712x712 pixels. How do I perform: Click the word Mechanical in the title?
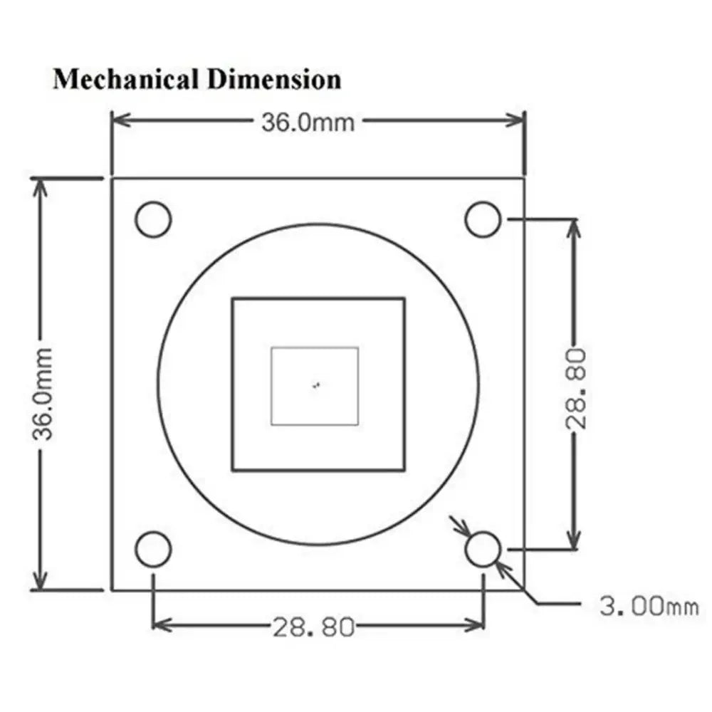pyautogui.click(x=126, y=80)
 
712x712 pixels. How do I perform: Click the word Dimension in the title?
pyautogui.click(x=274, y=80)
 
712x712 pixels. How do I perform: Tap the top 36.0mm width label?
pyautogui.click(x=308, y=122)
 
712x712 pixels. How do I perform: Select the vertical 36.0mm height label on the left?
pyautogui.click(x=43, y=394)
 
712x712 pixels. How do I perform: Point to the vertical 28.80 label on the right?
pyautogui.click(x=576, y=389)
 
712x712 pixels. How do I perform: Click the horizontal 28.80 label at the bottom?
pyautogui.click(x=313, y=627)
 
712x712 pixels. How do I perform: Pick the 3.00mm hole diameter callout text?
pyautogui.click(x=649, y=606)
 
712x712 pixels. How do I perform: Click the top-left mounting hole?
pyautogui.click(x=154, y=219)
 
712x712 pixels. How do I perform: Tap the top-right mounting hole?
pyautogui.click(x=483, y=219)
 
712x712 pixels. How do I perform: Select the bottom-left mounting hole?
pyautogui.click(x=154, y=549)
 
